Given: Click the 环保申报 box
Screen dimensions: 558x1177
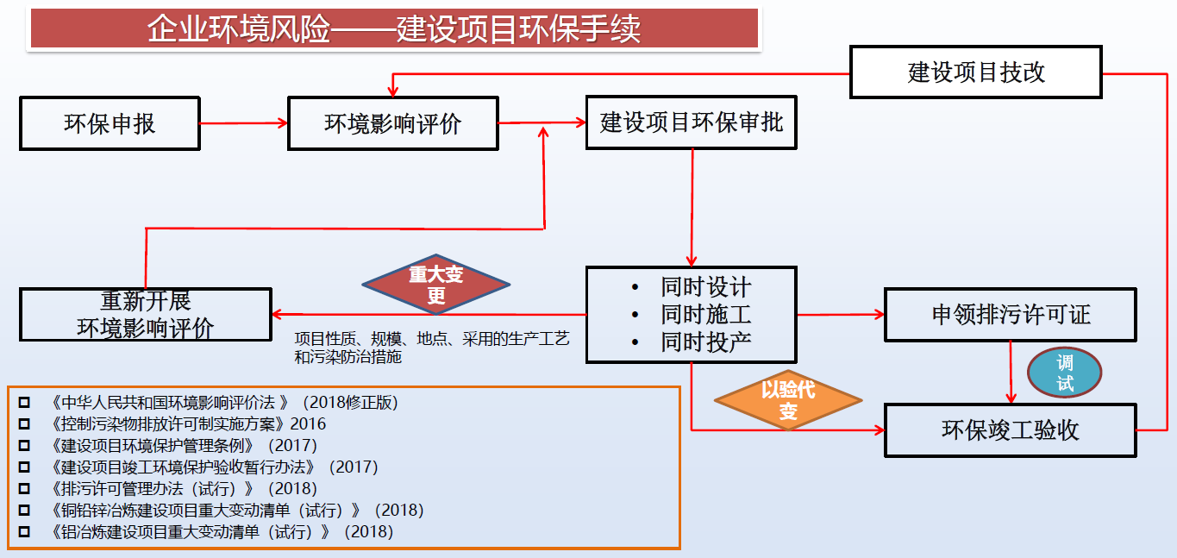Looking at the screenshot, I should (110, 123).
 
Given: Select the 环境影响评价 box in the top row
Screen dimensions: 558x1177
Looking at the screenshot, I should (392, 123).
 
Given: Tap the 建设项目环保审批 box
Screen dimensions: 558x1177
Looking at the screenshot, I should (692, 122).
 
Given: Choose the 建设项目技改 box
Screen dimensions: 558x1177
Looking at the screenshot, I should (976, 72).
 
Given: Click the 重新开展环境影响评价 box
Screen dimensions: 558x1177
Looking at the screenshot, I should (146, 315).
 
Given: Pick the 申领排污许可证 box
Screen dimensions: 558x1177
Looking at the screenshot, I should (1011, 314).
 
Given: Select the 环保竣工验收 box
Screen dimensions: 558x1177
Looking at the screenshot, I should (1010, 430).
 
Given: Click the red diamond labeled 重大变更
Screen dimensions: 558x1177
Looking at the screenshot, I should (435, 285).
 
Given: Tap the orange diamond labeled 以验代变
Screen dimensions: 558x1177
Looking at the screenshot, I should (788, 400).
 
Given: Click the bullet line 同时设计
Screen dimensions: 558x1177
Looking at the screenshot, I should (706, 287).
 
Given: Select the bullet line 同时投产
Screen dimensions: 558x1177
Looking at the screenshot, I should (706, 342).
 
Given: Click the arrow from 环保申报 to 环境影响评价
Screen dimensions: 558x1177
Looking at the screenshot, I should (243, 123).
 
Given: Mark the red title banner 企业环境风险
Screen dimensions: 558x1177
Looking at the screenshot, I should (394, 28).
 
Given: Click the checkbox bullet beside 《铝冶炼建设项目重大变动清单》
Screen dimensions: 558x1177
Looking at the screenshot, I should (23, 532).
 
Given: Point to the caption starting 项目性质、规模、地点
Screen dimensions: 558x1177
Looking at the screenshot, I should (432, 347).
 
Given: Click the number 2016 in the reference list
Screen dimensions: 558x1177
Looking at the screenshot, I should (309, 423).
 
